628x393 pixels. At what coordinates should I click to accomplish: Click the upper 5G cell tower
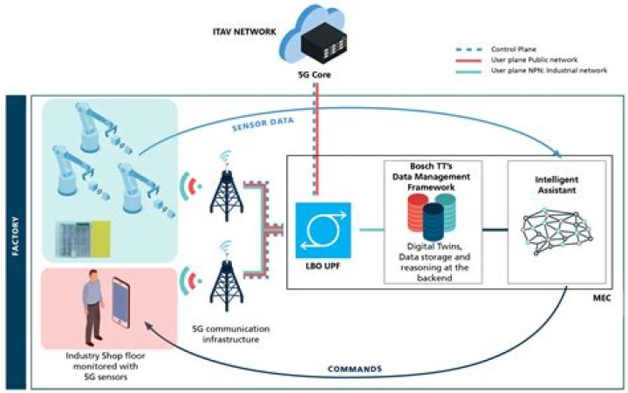pos(221,186)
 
